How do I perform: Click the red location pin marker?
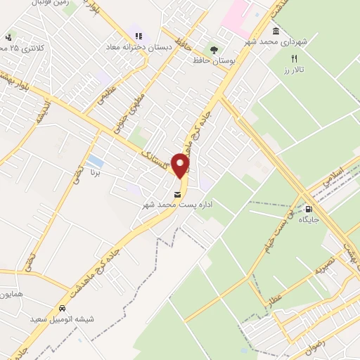[181, 166]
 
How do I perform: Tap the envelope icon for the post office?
[176, 194]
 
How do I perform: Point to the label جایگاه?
[308, 220]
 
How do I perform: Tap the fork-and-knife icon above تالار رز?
[295, 59]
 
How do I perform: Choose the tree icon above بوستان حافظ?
[212, 49]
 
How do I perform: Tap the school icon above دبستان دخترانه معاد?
[134, 36]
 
